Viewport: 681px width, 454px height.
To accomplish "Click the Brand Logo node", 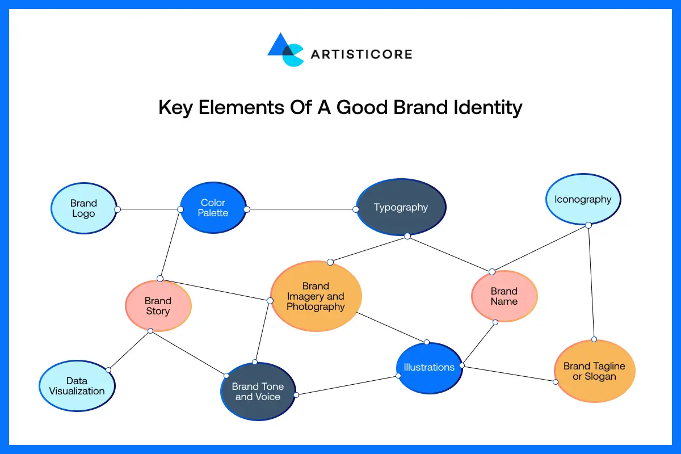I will point(83,208).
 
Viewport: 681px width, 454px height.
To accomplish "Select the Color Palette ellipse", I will point(213,208).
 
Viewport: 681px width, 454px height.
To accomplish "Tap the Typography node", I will point(401,207).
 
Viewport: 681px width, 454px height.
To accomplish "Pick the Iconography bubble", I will point(583,199).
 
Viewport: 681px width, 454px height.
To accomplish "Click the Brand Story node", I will point(158,306).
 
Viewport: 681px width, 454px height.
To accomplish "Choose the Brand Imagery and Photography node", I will point(316,296).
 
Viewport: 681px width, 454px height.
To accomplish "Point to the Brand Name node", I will point(504,296).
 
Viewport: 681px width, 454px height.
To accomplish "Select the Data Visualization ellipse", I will point(77,386).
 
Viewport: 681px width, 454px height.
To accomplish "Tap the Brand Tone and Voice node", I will point(258,392).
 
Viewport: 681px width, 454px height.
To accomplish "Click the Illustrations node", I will point(429,367).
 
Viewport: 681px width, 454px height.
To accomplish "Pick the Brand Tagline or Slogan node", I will point(594,371).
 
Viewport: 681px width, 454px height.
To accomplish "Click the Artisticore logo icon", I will point(285,50).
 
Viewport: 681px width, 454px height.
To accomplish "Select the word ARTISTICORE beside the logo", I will point(361,54).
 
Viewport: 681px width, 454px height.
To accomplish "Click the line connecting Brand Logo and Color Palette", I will point(149,209).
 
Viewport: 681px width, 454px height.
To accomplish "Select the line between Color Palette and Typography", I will point(301,209).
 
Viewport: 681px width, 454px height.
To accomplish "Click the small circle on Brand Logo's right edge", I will point(117,209).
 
